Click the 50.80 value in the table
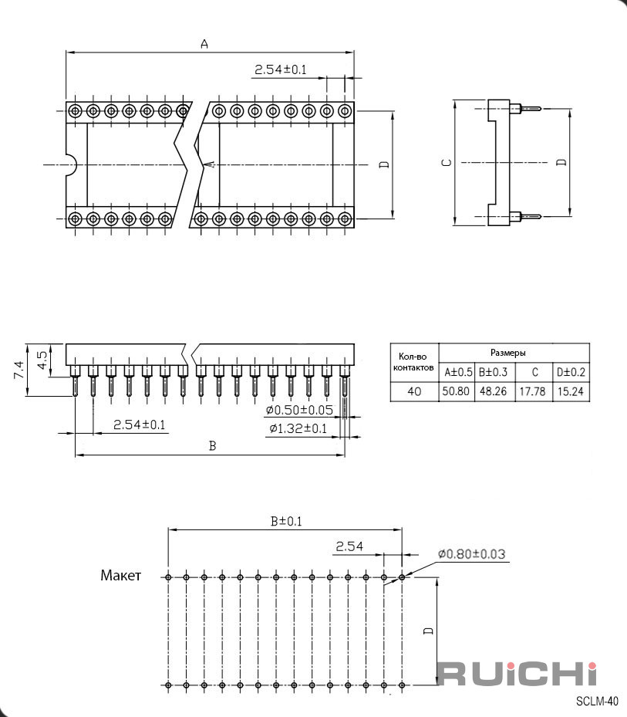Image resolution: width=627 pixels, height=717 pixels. (x=456, y=391)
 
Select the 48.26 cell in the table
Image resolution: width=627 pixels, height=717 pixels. (x=493, y=391)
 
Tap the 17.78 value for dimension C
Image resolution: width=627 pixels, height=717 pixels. (x=532, y=391)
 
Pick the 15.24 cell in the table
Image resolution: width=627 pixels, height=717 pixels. (x=571, y=391)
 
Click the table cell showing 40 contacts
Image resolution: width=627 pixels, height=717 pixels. (x=414, y=391)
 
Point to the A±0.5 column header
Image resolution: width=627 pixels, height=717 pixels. (x=458, y=372)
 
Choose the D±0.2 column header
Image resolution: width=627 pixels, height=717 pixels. (x=571, y=372)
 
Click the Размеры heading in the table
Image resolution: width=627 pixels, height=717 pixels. (x=507, y=353)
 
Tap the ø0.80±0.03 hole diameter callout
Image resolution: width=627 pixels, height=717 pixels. (x=472, y=554)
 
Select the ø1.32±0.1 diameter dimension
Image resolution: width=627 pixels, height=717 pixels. (x=298, y=428)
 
